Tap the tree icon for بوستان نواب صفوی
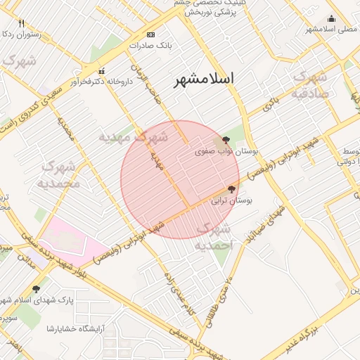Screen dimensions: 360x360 pyautogui.click(x=226, y=140)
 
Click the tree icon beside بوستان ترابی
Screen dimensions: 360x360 pyautogui.click(x=232, y=188)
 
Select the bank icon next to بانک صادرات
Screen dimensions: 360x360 pyautogui.click(x=150, y=34)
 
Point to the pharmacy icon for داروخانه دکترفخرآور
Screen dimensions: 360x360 pyautogui.click(x=103, y=70)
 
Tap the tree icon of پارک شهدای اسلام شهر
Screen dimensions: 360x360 pyautogui.click(x=36, y=288)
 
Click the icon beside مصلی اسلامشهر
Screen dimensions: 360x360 pyautogui.click(x=333, y=18)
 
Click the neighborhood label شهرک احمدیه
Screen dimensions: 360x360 pyautogui.click(x=213, y=238)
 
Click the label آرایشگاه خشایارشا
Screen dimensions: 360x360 pyautogui.click(x=76, y=328)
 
